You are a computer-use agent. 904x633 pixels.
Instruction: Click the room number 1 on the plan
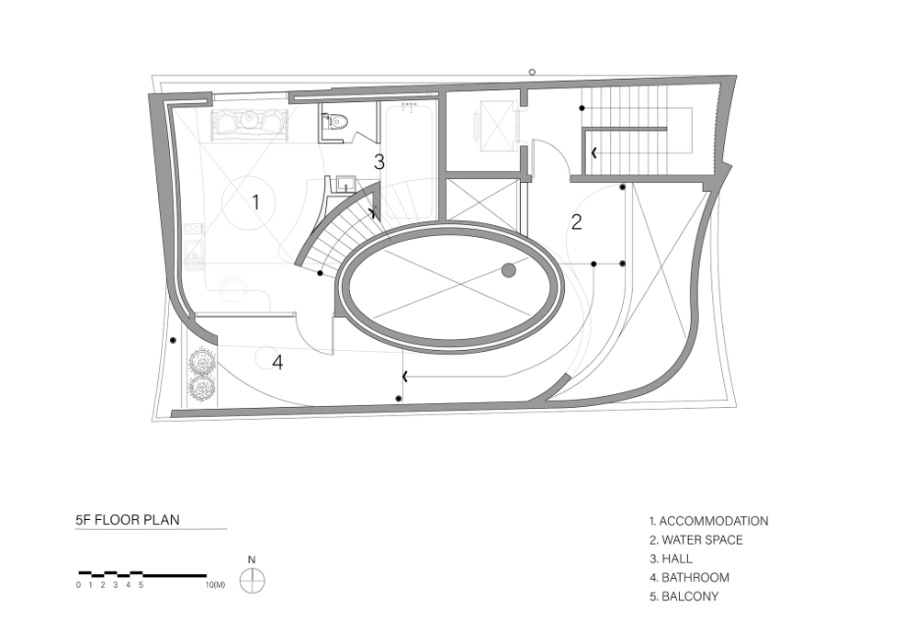pos(255,202)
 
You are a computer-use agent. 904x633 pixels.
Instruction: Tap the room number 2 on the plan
pos(577,222)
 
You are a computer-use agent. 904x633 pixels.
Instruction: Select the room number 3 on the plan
pos(378,162)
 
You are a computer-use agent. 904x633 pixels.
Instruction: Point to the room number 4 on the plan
pos(278,363)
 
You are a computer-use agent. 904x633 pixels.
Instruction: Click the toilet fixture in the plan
pos(336,121)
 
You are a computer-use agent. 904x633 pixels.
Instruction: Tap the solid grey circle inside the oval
pos(509,269)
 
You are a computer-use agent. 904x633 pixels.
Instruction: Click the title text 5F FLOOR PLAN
pos(128,519)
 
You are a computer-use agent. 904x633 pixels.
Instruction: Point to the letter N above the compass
pos(252,560)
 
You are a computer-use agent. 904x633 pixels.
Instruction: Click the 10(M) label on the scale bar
pos(215,585)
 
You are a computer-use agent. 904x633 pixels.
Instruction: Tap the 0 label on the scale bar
pos(79,585)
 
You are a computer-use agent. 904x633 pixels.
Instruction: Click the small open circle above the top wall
pos(533,72)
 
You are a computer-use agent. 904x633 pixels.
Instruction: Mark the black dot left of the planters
pos(172,341)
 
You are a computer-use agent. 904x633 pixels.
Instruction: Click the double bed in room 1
pos(249,126)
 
